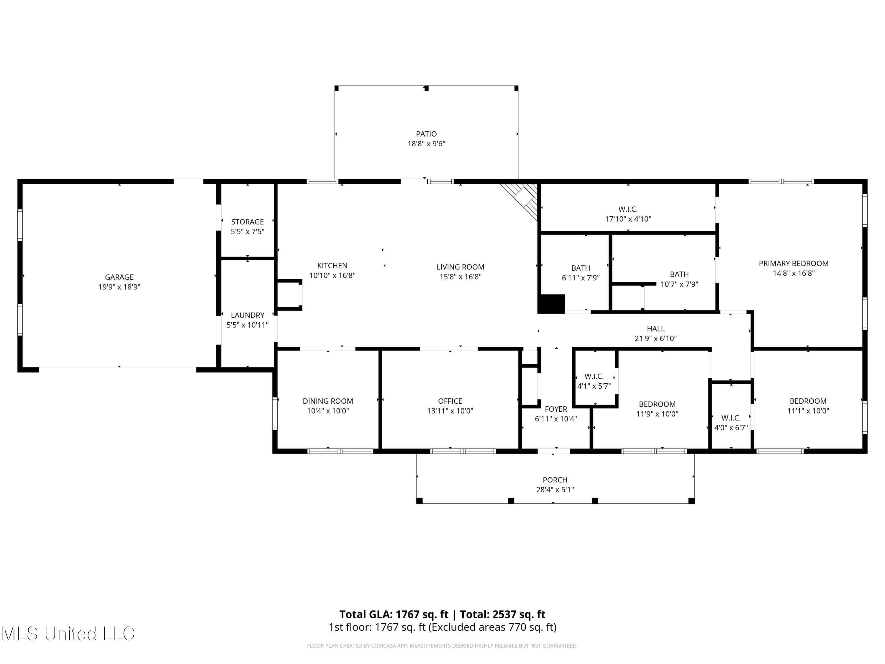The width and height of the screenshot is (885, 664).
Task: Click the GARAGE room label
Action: pyautogui.click(x=119, y=277)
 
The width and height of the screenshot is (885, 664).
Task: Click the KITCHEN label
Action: pyautogui.click(x=332, y=265)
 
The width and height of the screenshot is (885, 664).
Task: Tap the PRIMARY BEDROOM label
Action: pyautogui.click(x=793, y=263)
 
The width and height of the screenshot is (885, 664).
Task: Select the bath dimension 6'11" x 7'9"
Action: pyautogui.click(x=581, y=278)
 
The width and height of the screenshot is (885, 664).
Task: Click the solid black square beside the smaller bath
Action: pyautogui.click(x=551, y=303)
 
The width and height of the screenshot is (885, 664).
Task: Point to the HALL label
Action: pyautogui.click(x=655, y=328)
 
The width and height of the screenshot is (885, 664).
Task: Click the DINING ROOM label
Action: pyautogui.click(x=328, y=401)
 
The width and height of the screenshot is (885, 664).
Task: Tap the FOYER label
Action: pyautogui.click(x=556, y=409)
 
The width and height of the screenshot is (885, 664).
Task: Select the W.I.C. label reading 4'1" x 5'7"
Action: pyautogui.click(x=594, y=376)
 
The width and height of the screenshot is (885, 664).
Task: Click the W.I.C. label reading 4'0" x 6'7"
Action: pyautogui.click(x=731, y=418)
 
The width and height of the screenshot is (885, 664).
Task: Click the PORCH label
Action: pyautogui.click(x=555, y=480)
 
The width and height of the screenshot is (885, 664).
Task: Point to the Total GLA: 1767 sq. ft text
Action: pyautogui.click(x=394, y=614)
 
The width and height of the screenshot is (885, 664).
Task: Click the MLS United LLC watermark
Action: pyautogui.click(x=68, y=634)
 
